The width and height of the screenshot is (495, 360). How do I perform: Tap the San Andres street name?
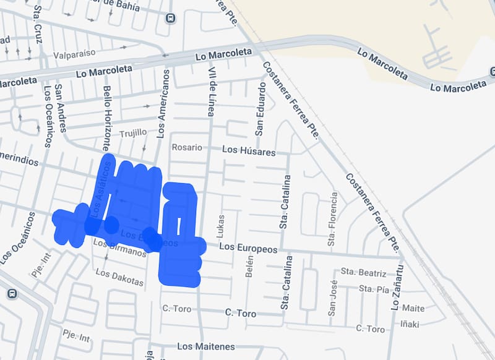[61, 108]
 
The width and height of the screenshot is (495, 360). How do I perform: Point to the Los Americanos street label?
[164, 103]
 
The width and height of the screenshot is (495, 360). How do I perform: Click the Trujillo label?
[133, 133]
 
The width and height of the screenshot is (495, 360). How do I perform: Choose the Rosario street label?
[187, 148]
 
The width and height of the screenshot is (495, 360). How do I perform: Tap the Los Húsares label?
[248, 150]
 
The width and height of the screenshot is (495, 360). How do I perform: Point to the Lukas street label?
[222, 226]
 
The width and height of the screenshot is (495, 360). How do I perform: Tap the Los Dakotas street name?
[119, 278]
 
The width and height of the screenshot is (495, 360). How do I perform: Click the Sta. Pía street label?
[375, 289]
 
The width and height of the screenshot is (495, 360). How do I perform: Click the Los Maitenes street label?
[206, 346]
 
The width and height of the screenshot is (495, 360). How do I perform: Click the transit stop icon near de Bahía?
[170, 17]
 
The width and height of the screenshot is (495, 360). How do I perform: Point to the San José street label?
[332, 298]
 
